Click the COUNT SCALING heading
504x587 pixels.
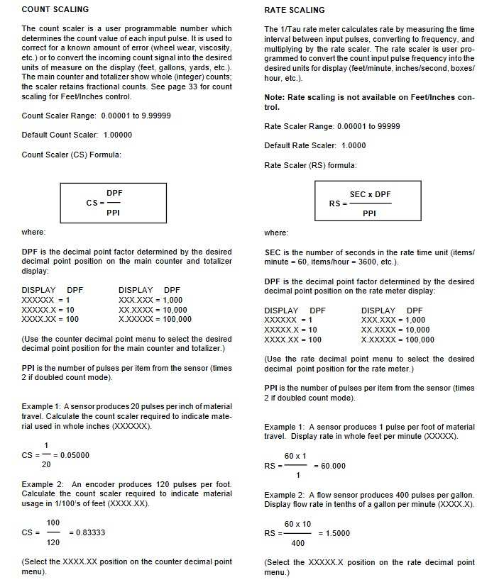click(x=55, y=9)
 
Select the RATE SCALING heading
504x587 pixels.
click(x=294, y=10)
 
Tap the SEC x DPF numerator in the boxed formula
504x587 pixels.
click(x=370, y=194)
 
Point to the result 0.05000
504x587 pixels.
click(x=75, y=454)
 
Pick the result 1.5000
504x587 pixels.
click(x=334, y=532)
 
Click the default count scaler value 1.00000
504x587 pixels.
click(x=117, y=135)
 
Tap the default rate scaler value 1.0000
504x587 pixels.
click(x=354, y=145)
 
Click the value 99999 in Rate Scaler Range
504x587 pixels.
click(x=388, y=126)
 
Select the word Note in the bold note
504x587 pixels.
click(x=274, y=97)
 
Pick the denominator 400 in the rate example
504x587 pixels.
click(x=298, y=543)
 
